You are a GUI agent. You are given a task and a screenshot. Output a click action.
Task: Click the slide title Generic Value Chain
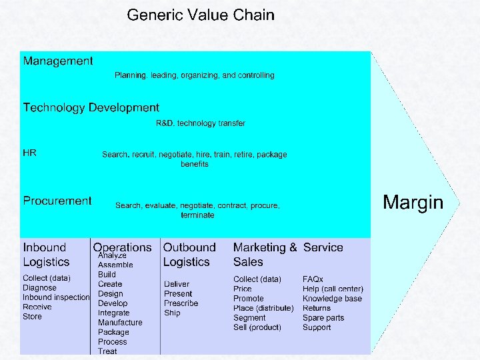pos(201,15)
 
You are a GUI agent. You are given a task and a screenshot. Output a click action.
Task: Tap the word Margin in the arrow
pos(413,202)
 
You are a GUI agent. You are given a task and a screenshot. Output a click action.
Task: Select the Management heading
pos(58,61)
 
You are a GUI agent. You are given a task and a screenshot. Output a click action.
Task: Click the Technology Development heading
pos(91,107)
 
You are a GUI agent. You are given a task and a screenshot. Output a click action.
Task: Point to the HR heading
pos(30,153)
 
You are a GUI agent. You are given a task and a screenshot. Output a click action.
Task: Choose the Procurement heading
pos(57,201)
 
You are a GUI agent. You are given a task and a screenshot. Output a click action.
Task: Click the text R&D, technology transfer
pos(201,123)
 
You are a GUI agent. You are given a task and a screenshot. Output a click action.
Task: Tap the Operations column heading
pos(122,247)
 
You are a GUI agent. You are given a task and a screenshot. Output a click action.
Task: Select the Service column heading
pos(323,247)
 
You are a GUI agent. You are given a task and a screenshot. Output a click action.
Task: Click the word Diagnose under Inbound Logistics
pos(40,288)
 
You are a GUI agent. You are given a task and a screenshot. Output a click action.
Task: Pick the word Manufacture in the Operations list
pos(120,323)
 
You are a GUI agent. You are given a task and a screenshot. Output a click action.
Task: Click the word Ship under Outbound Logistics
pos(172,313)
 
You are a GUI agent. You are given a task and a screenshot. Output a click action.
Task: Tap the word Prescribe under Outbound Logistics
pos(181,303)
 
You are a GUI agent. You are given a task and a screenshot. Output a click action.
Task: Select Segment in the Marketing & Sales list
pos(250,318)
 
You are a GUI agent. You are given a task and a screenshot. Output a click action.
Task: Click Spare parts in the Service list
pos(323,318)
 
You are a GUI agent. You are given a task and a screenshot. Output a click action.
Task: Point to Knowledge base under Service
pos(332,299)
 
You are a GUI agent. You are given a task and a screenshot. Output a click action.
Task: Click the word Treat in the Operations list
pos(107,351)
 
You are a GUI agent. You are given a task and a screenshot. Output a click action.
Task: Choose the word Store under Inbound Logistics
pos(32,317)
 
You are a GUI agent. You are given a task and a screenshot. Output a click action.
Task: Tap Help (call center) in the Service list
pos(333,289)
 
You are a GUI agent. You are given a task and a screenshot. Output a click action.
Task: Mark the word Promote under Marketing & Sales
pos(249,299)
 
